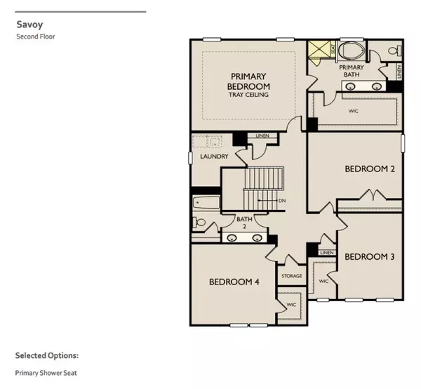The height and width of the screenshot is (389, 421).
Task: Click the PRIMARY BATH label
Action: pyautogui.click(x=352, y=72)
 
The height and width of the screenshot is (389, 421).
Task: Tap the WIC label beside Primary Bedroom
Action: pyautogui.click(x=354, y=111)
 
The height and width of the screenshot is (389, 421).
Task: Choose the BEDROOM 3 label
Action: pyautogui.click(x=370, y=256)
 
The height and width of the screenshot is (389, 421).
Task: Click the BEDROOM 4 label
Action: pyautogui.click(x=234, y=282)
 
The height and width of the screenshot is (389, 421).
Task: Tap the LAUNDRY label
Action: pyautogui.click(x=212, y=157)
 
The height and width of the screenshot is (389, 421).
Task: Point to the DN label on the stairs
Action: pyautogui.click(x=281, y=201)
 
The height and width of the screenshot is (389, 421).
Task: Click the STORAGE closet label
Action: pyautogui.click(x=292, y=276)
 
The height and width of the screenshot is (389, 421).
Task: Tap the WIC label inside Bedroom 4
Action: pyautogui.click(x=291, y=305)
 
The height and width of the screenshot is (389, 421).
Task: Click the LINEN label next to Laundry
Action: pyautogui.click(x=262, y=136)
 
